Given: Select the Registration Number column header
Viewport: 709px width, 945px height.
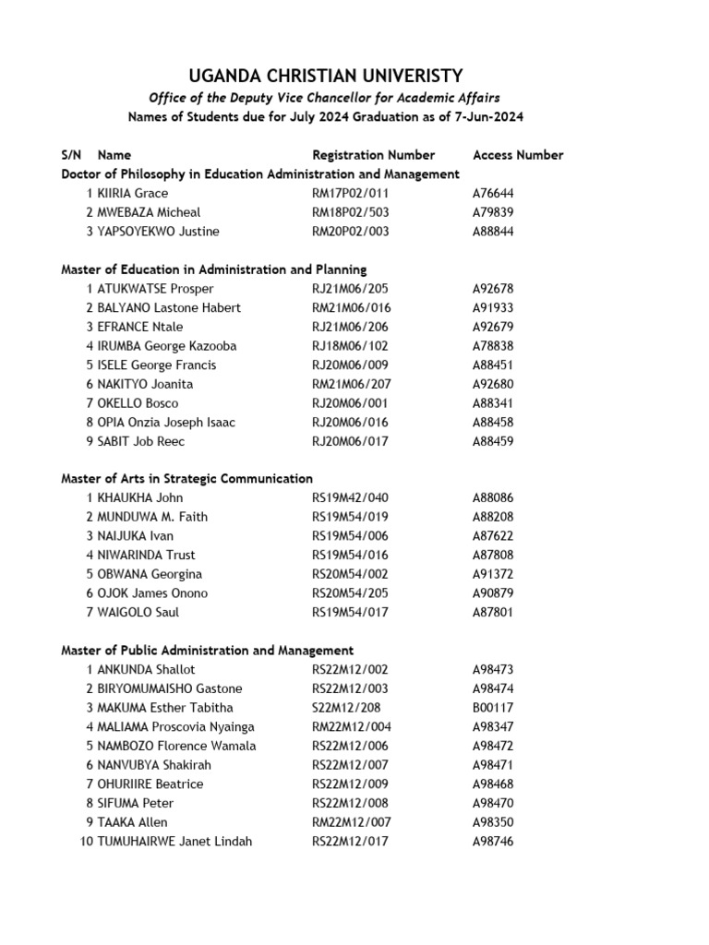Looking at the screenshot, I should pos(373,155).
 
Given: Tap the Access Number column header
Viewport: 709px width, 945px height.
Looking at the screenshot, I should pos(517,155).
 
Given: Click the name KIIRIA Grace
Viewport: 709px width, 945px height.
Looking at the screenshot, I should pos(133,193).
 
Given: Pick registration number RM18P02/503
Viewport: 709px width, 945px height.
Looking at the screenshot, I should pos(351,212).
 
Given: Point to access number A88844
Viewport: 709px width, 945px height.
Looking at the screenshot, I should pos(493,232).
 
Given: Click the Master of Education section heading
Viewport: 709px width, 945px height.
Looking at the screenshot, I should pos(213,269).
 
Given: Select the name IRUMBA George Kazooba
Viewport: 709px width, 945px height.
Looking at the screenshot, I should pos(167,346).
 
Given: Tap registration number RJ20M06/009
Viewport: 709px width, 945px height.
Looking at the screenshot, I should pos(350,365).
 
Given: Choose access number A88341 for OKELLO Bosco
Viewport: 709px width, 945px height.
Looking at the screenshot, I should pos(493,403).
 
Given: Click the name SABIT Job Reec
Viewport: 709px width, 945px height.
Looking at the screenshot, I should pos(141,441).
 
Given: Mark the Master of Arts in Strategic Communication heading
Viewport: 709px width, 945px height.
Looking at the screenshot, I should pos(186,479).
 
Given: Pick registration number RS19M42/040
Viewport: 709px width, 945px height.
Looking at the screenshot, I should pos(350,498).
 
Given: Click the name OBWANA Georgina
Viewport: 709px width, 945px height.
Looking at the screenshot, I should pos(150,574).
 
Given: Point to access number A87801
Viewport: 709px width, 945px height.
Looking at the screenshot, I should pos(493,613).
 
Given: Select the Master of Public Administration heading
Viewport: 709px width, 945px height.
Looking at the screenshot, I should pos(207,651).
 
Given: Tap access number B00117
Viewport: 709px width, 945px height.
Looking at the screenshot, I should pos(493,708).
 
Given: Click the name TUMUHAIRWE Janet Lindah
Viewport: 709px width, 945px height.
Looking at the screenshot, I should pos(174,842).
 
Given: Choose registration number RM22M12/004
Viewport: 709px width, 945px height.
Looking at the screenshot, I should pos(351,727).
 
